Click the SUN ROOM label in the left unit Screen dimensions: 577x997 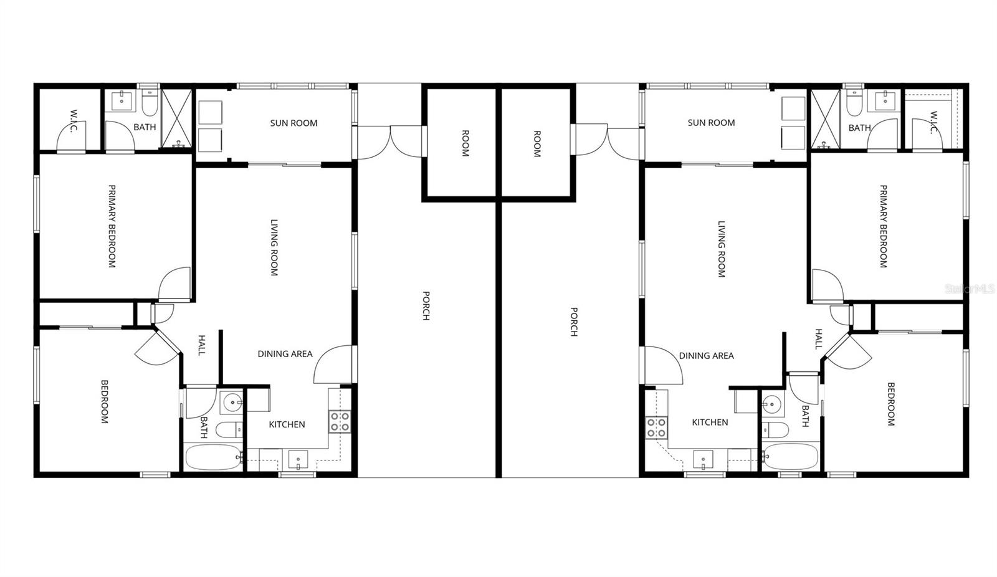pyautogui.click(x=293, y=123)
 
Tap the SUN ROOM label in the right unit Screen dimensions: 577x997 pyautogui.click(x=711, y=123)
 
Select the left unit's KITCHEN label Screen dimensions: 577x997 pyautogui.click(x=287, y=424)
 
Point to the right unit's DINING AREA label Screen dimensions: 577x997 pyautogui.click(x=706, y=356)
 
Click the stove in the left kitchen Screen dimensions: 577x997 pyautogui.click(x=340, y=422)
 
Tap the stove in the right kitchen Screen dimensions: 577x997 pyautogui.click(x=657, y=427)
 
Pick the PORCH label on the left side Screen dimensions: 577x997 pyautogui.click(x=426, y=305)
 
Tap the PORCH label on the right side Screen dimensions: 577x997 pyautogui.click(x=573, y=322)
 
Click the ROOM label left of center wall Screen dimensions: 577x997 pyautogui.click(x=465, y=143)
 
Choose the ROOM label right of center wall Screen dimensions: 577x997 pyautogui.click(x=537, y=143)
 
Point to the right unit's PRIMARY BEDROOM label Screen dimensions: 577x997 pyautogui.click(x=882, y=226)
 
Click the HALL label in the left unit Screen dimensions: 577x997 pyautogui.click(x=201, y=345)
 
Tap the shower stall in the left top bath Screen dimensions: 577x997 pyautogui.click(x=176, y=119)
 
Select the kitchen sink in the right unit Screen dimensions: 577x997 pyautogui.click(x=703, y=460)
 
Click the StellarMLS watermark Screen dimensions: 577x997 pyautogui.click(x=970, y=289)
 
